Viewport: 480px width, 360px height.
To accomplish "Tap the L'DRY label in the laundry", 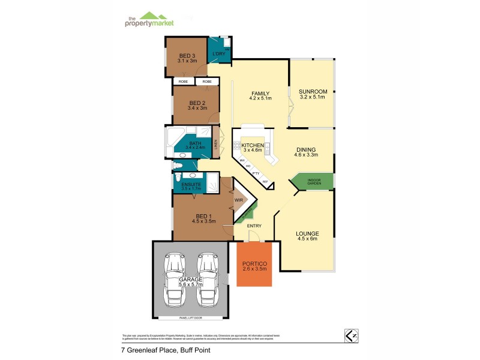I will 218,55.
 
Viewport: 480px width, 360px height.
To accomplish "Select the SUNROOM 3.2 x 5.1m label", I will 311,94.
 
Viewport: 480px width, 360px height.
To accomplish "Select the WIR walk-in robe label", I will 238,200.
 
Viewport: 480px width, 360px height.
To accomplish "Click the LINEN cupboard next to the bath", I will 215,143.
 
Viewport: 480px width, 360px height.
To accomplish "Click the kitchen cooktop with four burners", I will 238,145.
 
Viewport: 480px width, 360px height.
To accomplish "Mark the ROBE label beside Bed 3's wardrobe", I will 183,81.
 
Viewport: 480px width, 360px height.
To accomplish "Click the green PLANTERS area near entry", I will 247,212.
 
